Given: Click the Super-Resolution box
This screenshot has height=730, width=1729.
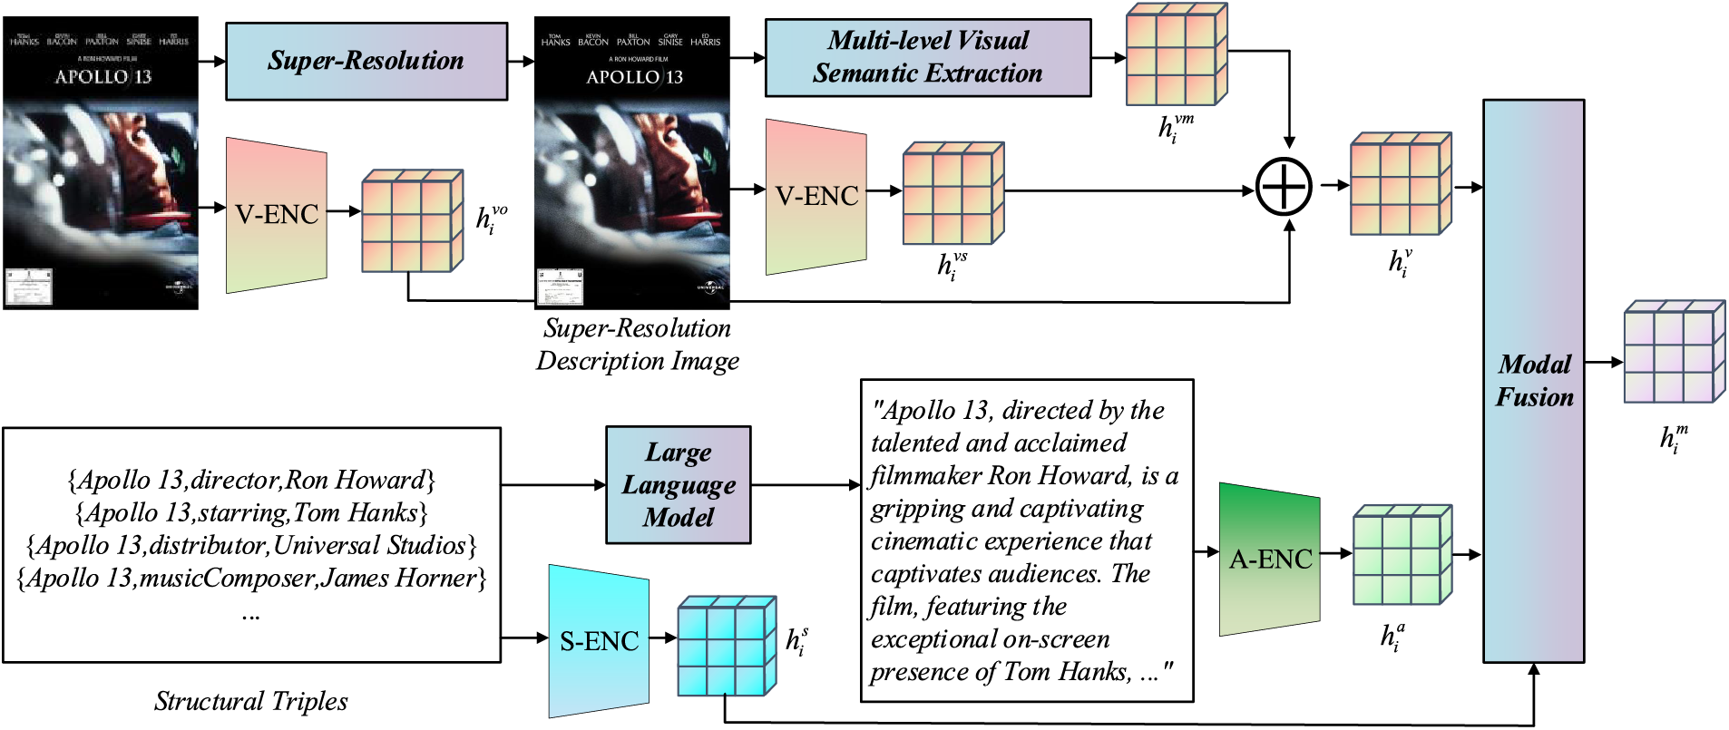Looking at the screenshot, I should pyautogui.click(x=366, y=61).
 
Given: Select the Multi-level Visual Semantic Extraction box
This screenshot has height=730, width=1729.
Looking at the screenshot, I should pyautogui.click(x=927, y=57).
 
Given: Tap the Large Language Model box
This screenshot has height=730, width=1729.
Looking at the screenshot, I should pyautogui.click(x=678, y=485).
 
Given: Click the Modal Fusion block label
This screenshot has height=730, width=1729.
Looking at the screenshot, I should pyautogui.click(x=1534, y=381).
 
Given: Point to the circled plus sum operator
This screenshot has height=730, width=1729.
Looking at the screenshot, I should pyautogui.click(x=1284, y=187).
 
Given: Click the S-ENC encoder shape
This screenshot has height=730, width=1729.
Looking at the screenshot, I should pyautogui.click(x=599, y=641).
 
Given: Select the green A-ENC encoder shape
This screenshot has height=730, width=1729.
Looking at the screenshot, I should pyautogui.click(x=1269, y=560).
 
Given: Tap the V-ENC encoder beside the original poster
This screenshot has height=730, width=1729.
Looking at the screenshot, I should pyautogui.click(x=276, y=215).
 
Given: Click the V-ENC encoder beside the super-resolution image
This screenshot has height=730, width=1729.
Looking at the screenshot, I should pyautogui.click(x=816, y=197).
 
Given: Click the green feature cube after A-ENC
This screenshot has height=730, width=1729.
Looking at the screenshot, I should pyautogui.click(x=1402, y=556).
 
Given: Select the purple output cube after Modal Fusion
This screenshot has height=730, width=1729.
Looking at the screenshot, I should pyautogui.click(x=1673, y=353).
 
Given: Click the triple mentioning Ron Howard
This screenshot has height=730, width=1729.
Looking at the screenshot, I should pyautogui.click(x=251, y=480).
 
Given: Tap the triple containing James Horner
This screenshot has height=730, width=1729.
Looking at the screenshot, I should pyautogui.click(x=251, y=578).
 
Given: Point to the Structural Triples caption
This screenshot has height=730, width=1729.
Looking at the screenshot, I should pyautogui.click(x=250, y=701).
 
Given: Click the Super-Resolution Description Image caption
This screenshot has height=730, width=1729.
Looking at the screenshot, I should pyautogui.click(x=637, y=345).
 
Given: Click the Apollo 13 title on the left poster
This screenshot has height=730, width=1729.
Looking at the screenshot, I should pyautogui.click(x=103, y=77).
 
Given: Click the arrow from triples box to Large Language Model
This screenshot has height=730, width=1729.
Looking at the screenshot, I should pyautogui.click(x=553, y=485).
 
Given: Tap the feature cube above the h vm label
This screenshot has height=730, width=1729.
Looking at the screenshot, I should pyautogui.click(x=1176, y=55).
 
